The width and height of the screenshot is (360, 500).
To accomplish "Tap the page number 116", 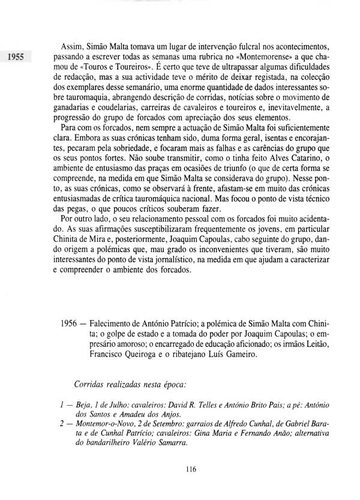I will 191,469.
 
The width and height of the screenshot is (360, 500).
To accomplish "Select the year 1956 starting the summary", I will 71,322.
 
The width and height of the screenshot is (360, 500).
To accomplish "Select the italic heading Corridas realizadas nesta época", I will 132,382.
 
